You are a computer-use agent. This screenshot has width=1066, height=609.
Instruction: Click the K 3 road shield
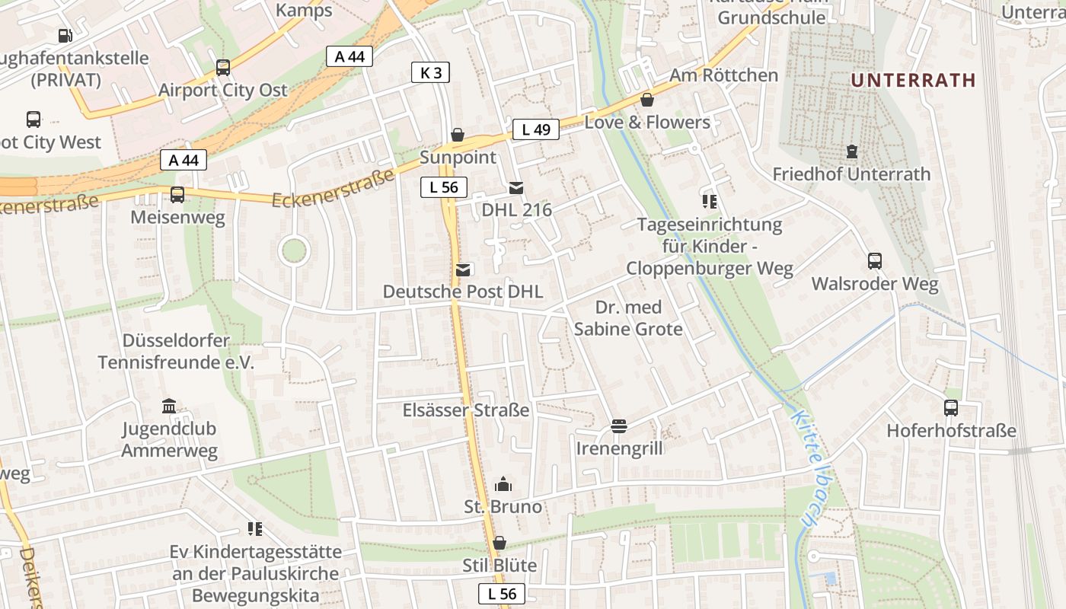coord(430,72)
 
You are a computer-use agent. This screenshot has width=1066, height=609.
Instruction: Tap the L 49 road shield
coord(535,129)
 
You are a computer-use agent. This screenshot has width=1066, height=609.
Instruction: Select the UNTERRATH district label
coord(913,80)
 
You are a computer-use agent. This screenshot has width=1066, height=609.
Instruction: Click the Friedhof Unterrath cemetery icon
coord(851,152)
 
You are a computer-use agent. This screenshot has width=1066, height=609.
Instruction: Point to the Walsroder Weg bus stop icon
coord(875,261)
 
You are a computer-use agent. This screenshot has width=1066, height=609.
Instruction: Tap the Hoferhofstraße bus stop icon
coord(951,407)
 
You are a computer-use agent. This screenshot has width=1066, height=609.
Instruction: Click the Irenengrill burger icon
coord(618,426)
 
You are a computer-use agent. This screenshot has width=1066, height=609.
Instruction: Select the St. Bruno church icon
coord(503,484)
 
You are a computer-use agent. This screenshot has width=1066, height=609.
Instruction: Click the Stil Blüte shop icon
coord(499,543)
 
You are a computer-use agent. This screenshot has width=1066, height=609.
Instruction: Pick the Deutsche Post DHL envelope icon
coord(462,269)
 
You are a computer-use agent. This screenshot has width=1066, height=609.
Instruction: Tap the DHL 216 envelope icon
coord(516,187)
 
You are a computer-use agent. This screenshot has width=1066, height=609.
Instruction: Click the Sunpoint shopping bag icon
coord(458,135)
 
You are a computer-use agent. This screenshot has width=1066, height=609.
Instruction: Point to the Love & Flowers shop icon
coord(647,100)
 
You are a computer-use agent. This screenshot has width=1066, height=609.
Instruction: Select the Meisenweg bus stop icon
coord(177,195)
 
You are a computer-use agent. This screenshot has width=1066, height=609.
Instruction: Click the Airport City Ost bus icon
coord(223,67)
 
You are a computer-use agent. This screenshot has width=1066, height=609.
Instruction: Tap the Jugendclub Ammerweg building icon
coord(169,407)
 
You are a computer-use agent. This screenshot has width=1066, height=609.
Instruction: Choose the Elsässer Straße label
coord(465,410)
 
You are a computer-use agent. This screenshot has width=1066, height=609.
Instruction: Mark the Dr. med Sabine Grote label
coord(628,318)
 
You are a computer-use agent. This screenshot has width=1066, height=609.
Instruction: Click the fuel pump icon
coord(65,35)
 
